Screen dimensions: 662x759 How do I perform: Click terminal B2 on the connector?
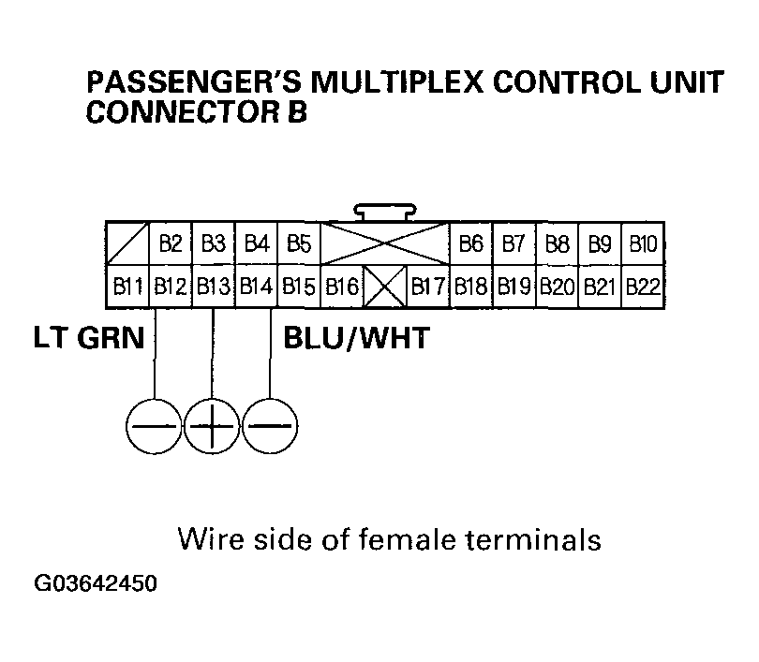point(170,244)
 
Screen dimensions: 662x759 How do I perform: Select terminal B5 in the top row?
point(299,244)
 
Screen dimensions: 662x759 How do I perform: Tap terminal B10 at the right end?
point(643,244)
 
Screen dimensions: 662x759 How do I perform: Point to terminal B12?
point(170,286)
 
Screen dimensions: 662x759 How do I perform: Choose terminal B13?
point(213,286)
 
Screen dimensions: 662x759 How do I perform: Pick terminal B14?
point(256,286)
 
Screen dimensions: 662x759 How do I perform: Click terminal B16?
point(342,286)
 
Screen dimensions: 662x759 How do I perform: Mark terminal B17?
point(428,286)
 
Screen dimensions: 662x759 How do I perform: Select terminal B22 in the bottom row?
point(643,286)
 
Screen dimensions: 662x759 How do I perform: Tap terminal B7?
point(513,244)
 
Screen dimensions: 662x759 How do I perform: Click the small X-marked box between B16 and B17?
point(384,286)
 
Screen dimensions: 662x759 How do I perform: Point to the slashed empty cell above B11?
point(126,244)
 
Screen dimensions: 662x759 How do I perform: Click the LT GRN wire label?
point(89,337)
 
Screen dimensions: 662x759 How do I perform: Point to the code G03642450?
point(96,584)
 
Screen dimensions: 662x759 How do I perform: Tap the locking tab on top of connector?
point(385,212)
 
